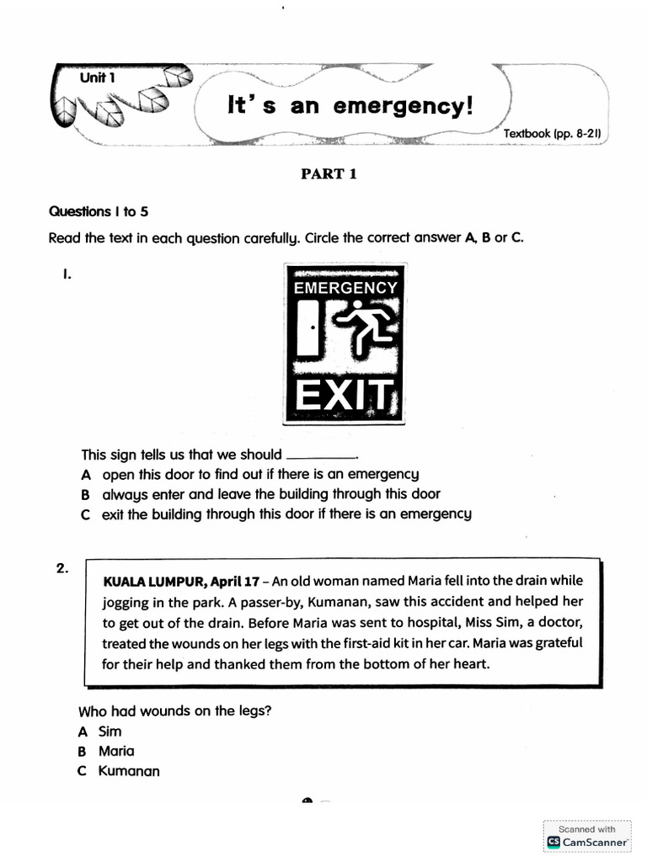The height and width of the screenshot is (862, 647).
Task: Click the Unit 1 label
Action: coord(97,77)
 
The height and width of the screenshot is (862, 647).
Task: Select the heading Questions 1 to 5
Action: coord(99,211)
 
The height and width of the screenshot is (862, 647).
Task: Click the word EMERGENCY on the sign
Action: coord(344,288)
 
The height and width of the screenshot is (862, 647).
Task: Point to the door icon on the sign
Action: coord(307,328)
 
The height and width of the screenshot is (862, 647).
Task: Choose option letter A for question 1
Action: coord(85,475)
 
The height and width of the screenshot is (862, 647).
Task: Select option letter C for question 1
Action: coord(85,513)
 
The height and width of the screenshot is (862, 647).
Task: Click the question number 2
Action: coord(62,568)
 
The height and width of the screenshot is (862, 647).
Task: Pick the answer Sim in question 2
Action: coord(110,732)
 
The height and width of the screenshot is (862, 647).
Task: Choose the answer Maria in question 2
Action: coord(116,751)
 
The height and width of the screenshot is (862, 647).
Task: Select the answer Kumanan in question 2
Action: coord(129,771)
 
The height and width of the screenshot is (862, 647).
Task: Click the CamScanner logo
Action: coord(553,841)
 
